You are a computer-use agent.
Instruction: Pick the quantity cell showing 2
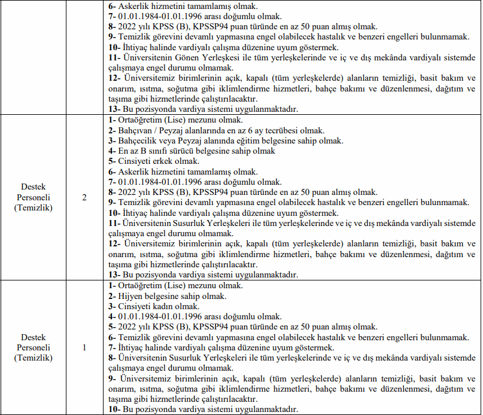tap(84, 197)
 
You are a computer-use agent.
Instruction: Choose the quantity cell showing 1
tap(84, 347)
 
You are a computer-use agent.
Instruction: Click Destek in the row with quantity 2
tap(34, 187)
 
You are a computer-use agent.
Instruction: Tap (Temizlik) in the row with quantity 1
tap(34, 358)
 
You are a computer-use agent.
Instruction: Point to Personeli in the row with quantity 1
tap(34, 347)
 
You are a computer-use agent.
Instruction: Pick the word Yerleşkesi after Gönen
tap(231, 57)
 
